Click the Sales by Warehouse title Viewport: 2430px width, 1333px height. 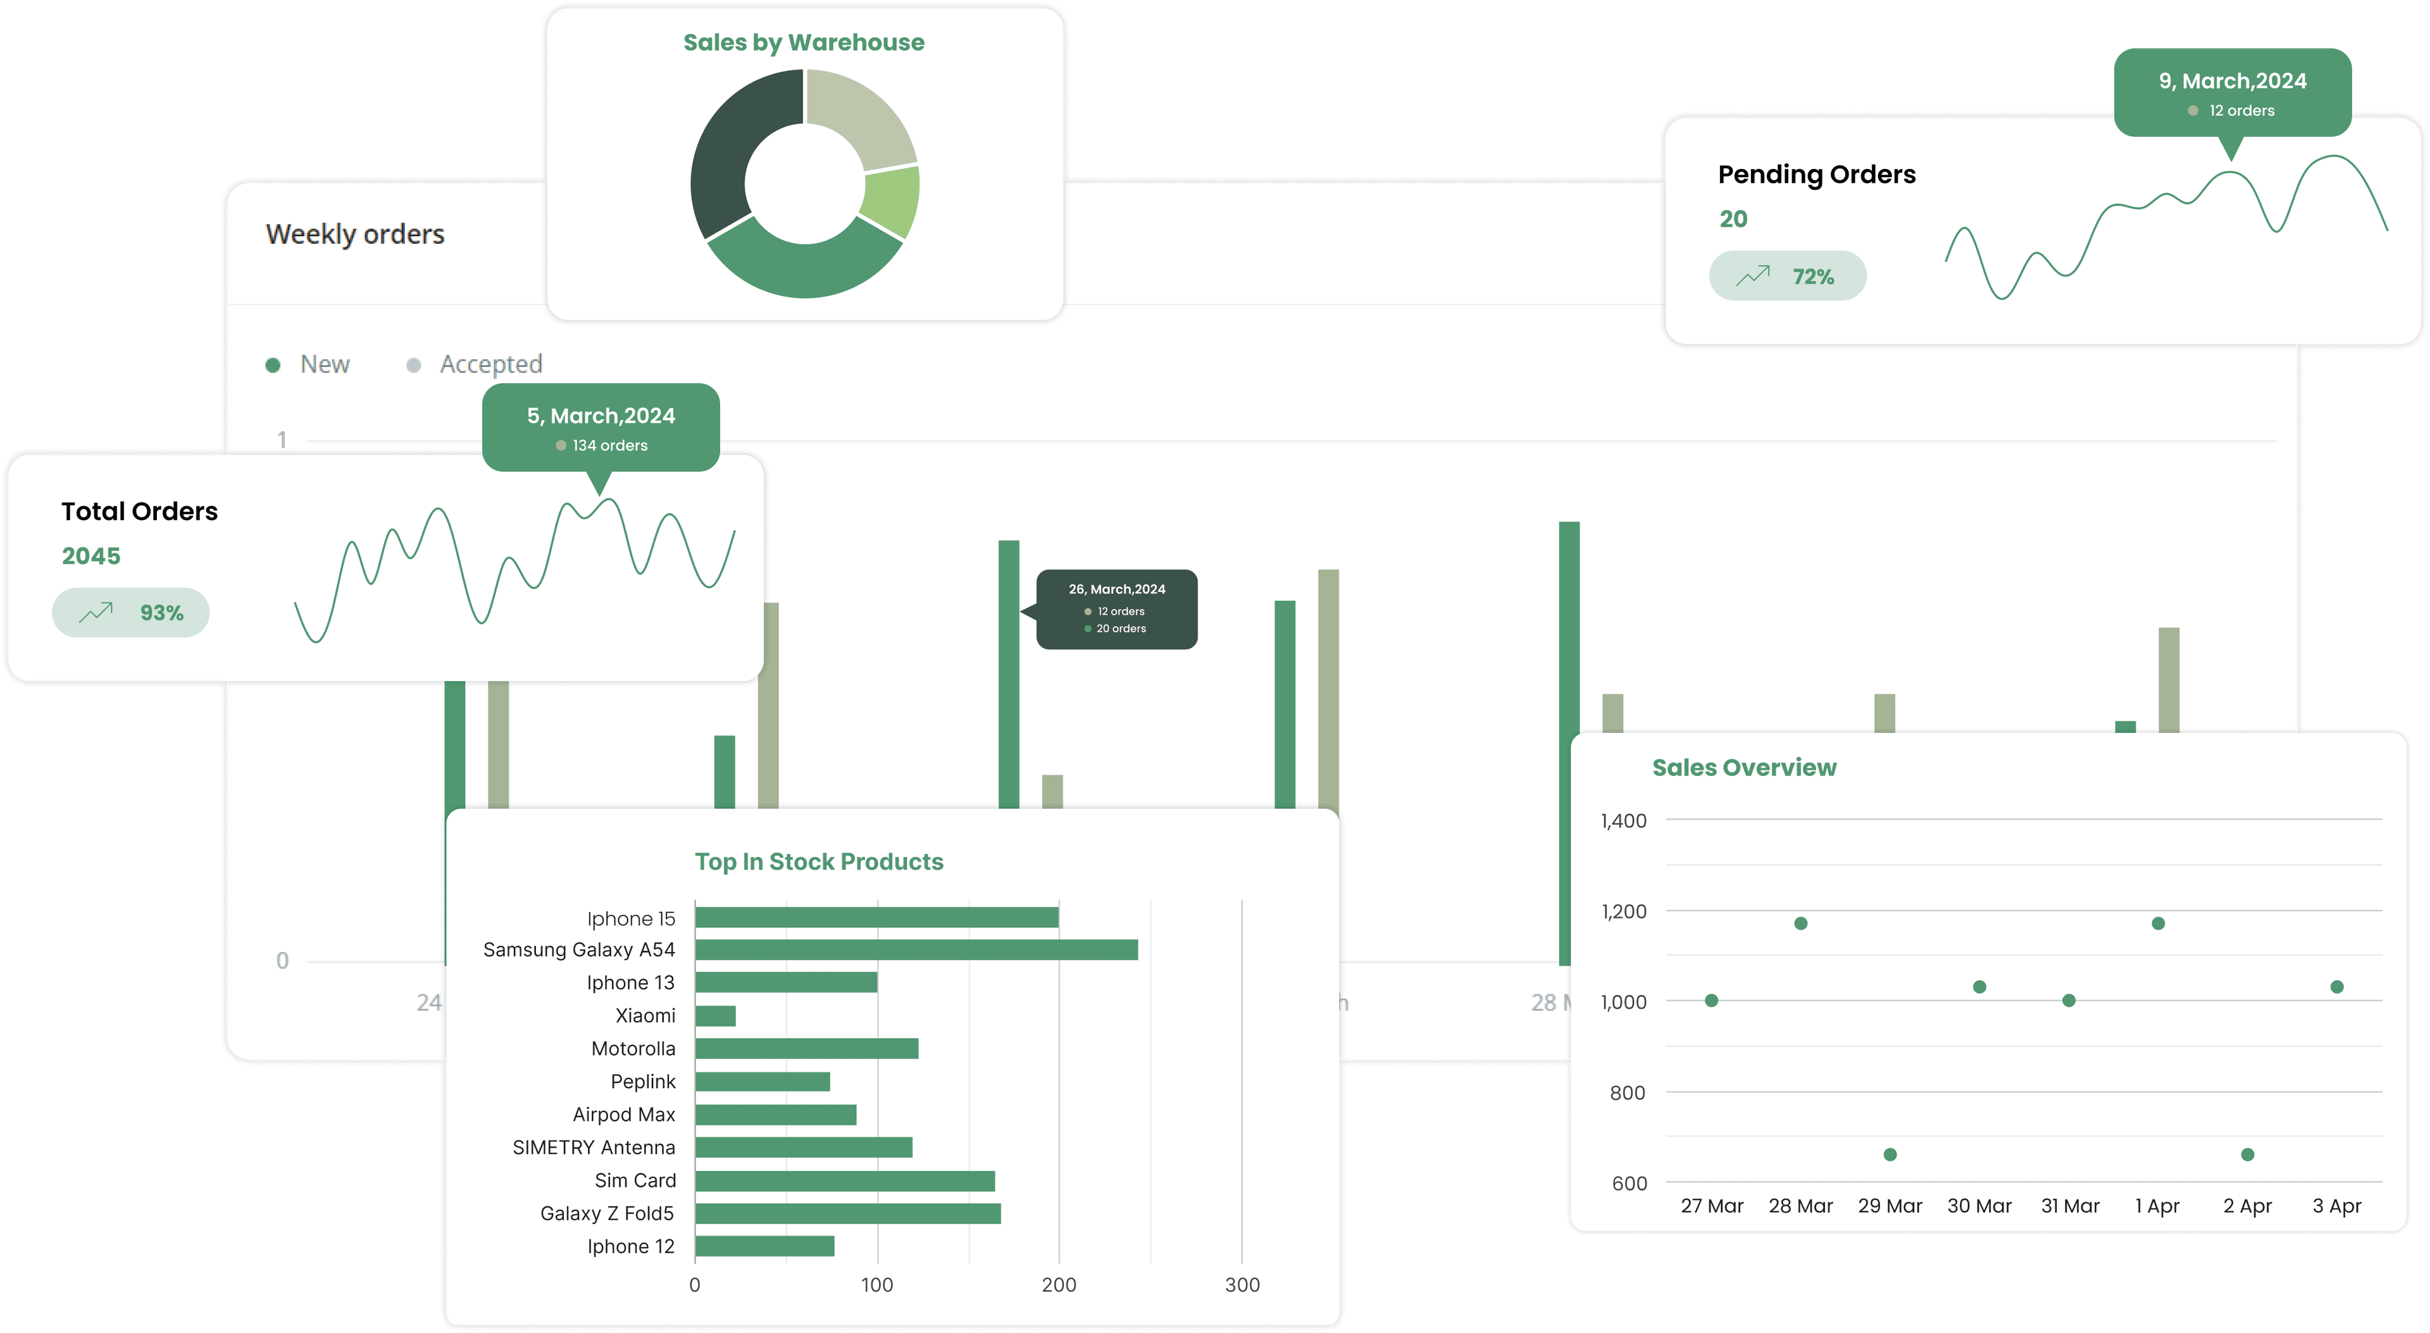pyautogui.click(x=804, y=42)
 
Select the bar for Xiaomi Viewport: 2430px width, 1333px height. pyautogui.click(x=715, y=1016)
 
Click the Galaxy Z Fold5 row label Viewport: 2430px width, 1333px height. pyautogui.click(x=607, y=1213)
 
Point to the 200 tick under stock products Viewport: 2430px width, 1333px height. pyautogui.click(x=1059, y=1285)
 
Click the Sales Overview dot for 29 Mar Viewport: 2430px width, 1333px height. pyautogui.click(x=1890, y=1155)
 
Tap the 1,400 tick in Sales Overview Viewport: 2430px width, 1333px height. pyautogui.click(x=1623, y=821)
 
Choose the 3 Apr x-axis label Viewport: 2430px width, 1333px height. pyautogui.click(x=2336, y=1206)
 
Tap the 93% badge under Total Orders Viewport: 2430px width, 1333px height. pyautogui.click(x=131, y=613)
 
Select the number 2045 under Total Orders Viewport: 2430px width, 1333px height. pyautogui.click(x=92, y=556)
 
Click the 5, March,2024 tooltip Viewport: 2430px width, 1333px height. pyautogui.click(x=601, y=427)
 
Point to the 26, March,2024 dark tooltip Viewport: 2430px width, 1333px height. pyautogui.click(x=1117, y=608)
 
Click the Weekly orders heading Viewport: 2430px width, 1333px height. pyautogui.click(x=354, y=234)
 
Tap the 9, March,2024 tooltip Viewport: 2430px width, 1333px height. pyautogui.click(x=2232, y=92)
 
